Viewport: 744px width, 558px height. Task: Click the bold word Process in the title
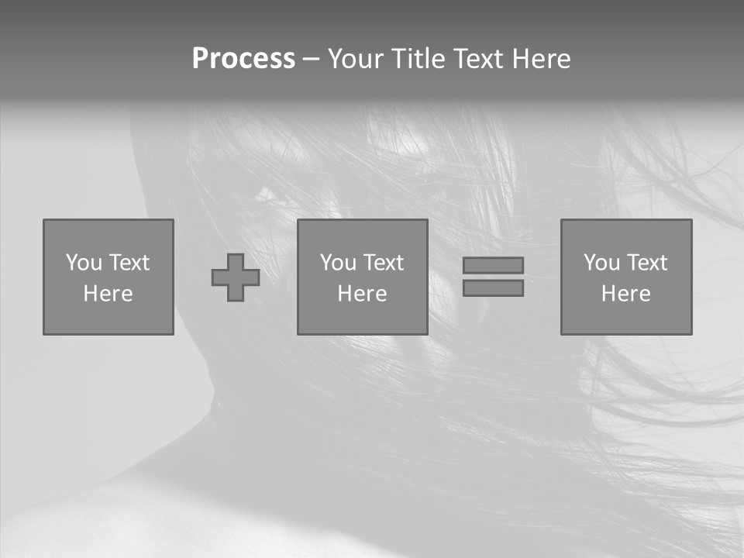(243, 59)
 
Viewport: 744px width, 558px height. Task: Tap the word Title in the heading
(418, 59)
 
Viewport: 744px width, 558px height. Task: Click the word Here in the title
(540, 59)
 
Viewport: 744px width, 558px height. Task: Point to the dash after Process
(312, 60)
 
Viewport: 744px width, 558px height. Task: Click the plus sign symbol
(236, 277)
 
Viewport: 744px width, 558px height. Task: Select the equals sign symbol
(493, 277)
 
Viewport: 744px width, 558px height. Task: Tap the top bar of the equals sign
(493, 265)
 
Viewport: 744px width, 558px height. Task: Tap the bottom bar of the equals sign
(493, 288)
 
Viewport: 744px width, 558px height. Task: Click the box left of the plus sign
(108, 277)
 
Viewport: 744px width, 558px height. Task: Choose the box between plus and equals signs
(363, 277)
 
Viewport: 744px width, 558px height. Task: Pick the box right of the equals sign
(626, 277)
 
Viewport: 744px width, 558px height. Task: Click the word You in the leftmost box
(84, 263)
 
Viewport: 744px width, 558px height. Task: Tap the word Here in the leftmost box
(108, 294)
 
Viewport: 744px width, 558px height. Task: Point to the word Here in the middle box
(363, 294)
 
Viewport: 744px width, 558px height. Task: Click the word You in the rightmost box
(602, 263)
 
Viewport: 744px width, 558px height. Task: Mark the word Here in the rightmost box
(626, 294)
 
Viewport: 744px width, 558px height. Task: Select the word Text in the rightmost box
(647, 263)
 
